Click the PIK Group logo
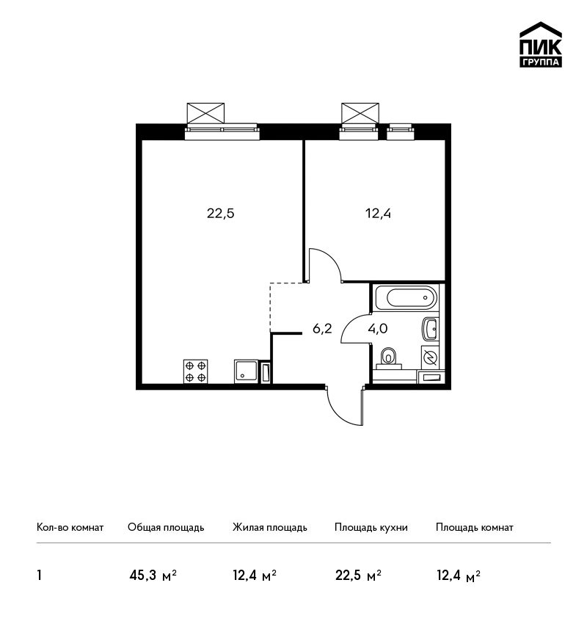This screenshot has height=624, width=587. [x=541, y=45]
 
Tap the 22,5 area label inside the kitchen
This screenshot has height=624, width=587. [x=221, y=214]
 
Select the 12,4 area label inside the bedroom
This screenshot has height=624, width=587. [x=378, y=214]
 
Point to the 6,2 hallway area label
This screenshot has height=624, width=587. [x=322, y=329]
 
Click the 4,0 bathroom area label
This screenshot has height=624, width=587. [x=378, y=329]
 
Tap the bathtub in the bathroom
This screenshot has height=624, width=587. [x=406, y=297]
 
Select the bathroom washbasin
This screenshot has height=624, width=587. [x=430, y=329]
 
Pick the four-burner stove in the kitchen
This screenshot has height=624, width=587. [x=195, y=371]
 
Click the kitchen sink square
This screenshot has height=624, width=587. [x=247, y=371]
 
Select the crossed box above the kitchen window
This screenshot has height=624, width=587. [x=205, y=113]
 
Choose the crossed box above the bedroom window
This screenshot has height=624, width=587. [x=360, y=113]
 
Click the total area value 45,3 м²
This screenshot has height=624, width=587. [x=153, y=576]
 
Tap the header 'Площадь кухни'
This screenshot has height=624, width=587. [x=371, y=528]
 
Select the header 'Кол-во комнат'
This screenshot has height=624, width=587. [x=70, y=528]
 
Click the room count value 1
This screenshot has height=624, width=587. [x=39, y=576]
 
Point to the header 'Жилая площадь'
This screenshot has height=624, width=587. [x=270, y=528]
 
